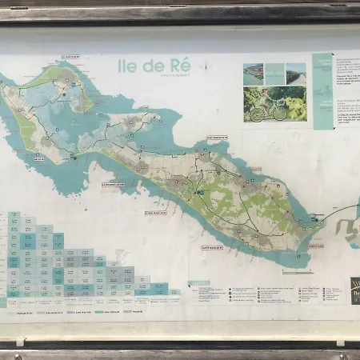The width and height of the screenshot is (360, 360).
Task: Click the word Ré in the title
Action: click(x=182, y=66)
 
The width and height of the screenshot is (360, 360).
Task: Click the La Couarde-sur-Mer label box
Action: click(x=114, y=184)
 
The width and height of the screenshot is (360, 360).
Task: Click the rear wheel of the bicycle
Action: click(x=257, y=114)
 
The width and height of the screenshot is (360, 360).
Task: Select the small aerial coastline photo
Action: click(x=254, y=74)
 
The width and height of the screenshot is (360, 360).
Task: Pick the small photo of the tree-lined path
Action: click(x=296, y=74)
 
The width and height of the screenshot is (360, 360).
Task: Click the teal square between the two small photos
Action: click(x=274, y=74)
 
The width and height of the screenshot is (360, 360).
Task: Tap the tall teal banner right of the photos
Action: click(x=322, y=90)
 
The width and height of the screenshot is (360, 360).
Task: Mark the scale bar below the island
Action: click(x=297, y=273)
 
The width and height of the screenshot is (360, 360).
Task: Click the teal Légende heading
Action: click(x=199, y=282)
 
